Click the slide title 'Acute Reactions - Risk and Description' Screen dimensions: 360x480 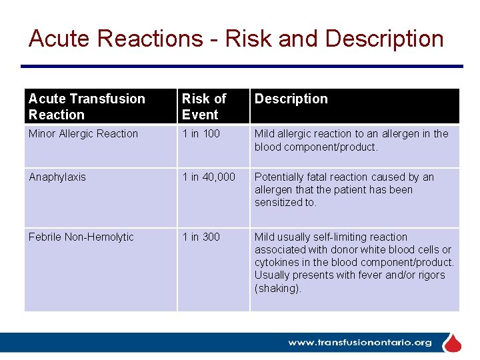[x=236, y=39]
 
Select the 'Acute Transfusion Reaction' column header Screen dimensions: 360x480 [x=87, y=107]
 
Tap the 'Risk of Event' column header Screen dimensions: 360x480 [x=204, y=107]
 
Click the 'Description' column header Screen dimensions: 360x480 [x=291, y=99]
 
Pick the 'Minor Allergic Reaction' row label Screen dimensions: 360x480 [x=83, y=134]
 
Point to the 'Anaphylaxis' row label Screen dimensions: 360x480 [x=57, y=177]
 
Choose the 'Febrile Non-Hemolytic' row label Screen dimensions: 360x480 [x=81, y=237]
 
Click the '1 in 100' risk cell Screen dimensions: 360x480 [x=201, y=134]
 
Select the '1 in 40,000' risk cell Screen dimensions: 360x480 [x=209, y=177]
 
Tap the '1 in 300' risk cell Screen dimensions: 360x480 [x=201, y=237]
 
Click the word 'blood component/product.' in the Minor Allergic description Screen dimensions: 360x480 [x=316, y=147]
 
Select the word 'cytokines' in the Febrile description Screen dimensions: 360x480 [x=277, y=263]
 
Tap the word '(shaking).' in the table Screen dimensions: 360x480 [x=278, y=289]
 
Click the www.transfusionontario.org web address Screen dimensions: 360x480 [x=359, y=343]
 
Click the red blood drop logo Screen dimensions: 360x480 [x=453, y=343]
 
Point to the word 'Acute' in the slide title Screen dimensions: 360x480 [x=59, y=39]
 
